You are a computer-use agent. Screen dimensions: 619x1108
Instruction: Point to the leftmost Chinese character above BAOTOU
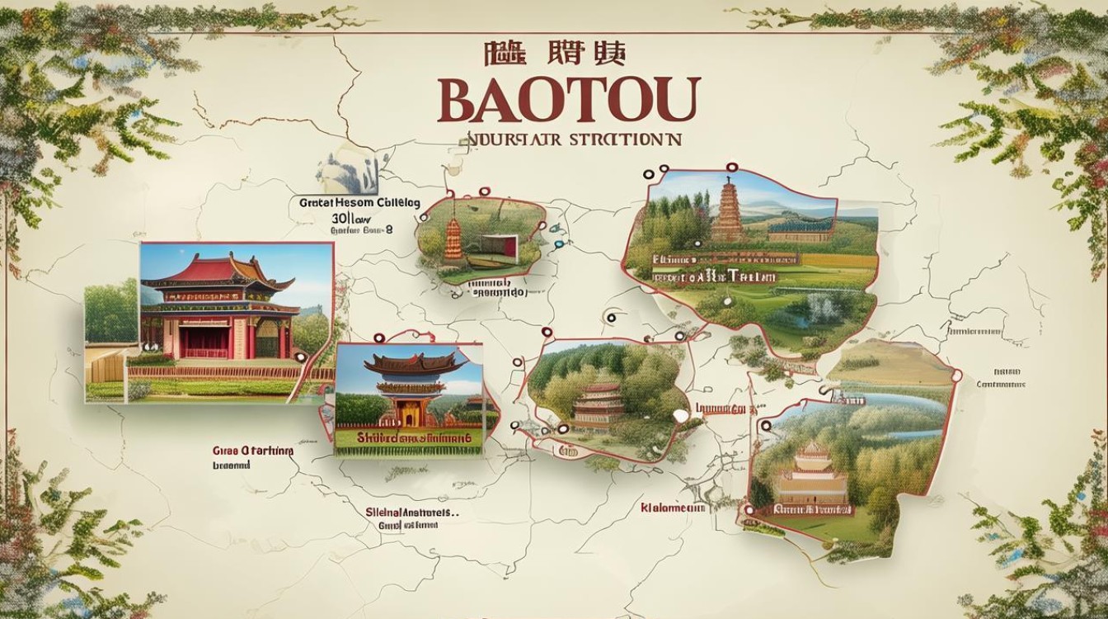click(x=500, y=55)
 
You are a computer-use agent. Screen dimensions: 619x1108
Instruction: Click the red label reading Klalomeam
click(x=673, y=508)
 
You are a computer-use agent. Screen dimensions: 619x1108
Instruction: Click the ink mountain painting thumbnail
click(x=346, y=172)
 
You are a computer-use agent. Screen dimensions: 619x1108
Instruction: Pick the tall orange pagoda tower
click(x=729, y=213)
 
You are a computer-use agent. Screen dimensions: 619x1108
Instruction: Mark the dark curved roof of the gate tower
click(x=409, y=364)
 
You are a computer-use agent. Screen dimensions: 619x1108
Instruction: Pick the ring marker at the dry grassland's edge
click(x=956, y=376)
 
